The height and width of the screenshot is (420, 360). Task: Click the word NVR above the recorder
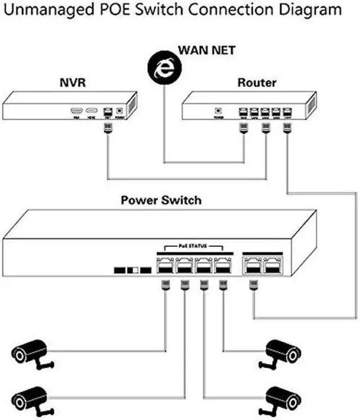click(72, 83)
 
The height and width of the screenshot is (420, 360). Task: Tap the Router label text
click(257, 83)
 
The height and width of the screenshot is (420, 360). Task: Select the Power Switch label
click(161, 200)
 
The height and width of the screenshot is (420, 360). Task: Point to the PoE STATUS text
click(193, 246)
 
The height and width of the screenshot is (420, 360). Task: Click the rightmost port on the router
click(288, 111)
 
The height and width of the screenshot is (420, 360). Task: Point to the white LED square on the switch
click(133, 270)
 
